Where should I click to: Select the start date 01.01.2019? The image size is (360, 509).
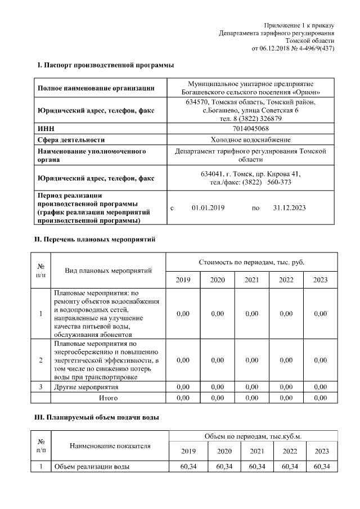coord(208,208)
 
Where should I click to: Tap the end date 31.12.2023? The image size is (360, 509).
coord(289,208)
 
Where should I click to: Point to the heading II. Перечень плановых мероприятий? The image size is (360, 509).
coord(95,240)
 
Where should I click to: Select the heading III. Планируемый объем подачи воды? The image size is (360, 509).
coord(97,417)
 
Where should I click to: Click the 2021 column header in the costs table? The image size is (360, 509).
coord(251,280)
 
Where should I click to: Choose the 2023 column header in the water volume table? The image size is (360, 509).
coord(321,451)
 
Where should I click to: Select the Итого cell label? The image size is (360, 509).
coord(108,398)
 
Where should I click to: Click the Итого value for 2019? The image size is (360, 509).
coord(183,398)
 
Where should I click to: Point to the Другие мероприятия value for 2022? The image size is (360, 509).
coord(286,388)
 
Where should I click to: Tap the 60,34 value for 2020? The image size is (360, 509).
coord(224,467)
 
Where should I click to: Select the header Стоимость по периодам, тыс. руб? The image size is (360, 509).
coord(251,263)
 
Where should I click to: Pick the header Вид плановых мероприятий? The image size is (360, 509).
coord(108,271)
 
